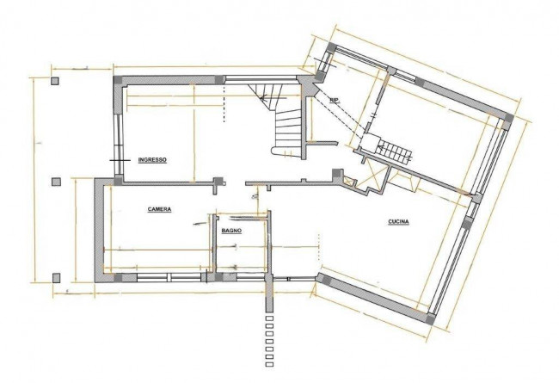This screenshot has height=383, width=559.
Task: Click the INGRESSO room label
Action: [152, 160]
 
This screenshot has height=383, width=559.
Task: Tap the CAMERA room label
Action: [159, 209]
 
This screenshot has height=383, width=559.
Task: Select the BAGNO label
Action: [231, 231]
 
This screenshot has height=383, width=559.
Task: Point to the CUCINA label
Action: [398, 222]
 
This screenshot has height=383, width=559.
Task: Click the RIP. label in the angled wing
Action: [335, 101]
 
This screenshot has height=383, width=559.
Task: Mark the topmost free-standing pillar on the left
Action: [54, 81]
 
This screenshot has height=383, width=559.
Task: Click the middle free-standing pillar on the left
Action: [56, 182]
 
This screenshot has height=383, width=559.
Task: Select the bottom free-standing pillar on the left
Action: [56, 278]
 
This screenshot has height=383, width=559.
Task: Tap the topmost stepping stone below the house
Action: [269, 318]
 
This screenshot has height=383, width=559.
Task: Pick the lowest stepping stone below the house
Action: [269, 364]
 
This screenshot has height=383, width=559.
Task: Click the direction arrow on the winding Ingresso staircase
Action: [273, 97]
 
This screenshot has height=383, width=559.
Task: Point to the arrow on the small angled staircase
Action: [395, 147]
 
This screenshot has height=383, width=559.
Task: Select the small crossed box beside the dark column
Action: [348, 182]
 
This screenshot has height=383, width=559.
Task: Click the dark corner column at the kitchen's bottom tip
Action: [431, 318]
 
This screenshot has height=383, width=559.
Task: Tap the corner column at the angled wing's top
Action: [332, 47]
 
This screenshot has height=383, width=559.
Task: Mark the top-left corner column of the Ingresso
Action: [118, 80]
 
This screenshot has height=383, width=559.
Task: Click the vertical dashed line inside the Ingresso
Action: [224, 103]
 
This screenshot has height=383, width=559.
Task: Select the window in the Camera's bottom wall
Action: [169, 278]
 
